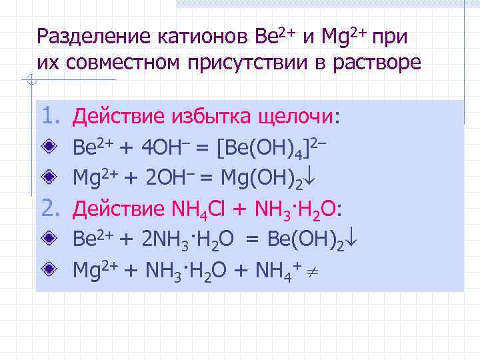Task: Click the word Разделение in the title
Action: [x=95, y=35]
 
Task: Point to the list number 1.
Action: [x=52, y=117]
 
